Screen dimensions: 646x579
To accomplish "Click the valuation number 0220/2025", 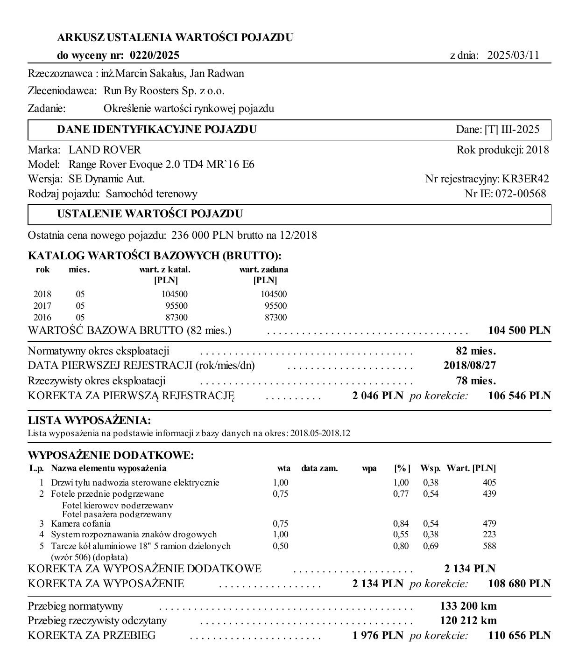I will point(155,56).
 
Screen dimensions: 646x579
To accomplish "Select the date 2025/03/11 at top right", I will point(513,56).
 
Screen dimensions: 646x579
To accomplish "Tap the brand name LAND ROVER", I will point(105,150).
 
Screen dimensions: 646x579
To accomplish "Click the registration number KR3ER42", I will point(525,179).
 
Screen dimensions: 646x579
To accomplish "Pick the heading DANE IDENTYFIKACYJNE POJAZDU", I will point(157,130).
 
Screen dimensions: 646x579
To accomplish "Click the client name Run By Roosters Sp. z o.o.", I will point(164,91).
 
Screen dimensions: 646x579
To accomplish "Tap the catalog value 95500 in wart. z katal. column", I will point(177,306).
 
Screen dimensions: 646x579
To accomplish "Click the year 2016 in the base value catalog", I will point(42,318).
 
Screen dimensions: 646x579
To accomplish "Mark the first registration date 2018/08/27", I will point(470,365).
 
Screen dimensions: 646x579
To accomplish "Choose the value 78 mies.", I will point(476,381).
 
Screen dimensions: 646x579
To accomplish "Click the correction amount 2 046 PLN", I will point(378,396).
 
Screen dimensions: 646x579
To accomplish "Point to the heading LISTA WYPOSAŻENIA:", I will point(89,420).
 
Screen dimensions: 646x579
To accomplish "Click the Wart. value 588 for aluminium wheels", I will point(489,546).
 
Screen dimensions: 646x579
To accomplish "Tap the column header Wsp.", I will point(430,468).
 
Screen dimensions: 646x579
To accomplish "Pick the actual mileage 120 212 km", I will point(468,621).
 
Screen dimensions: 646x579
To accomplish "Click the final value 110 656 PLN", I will point(519,635).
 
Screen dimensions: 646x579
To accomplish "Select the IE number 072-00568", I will point(521,194).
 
